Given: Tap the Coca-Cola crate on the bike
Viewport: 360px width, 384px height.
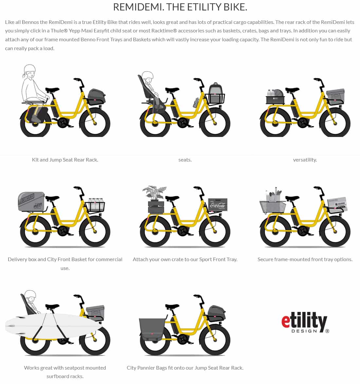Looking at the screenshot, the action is coord(218,204).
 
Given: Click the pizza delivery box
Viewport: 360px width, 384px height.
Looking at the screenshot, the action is coord(31,202).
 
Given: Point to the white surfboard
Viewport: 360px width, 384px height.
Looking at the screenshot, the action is coord(54,326).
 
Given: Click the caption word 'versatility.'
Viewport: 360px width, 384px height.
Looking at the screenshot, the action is coord(305,160).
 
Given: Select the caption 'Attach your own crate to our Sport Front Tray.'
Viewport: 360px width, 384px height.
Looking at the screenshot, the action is coord(185,259).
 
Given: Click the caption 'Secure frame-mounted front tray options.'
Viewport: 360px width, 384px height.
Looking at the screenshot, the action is coord(305,259).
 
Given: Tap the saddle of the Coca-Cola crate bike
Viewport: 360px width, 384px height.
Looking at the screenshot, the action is coord(172,198).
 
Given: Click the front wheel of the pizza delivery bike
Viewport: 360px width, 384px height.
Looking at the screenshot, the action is coord(95,232).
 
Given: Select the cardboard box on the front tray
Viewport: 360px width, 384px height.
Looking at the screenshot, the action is coord(337,204).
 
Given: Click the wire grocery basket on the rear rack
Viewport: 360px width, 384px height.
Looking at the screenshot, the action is coord(272,207).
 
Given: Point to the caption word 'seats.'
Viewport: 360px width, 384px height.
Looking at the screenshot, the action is coord(185,160).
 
